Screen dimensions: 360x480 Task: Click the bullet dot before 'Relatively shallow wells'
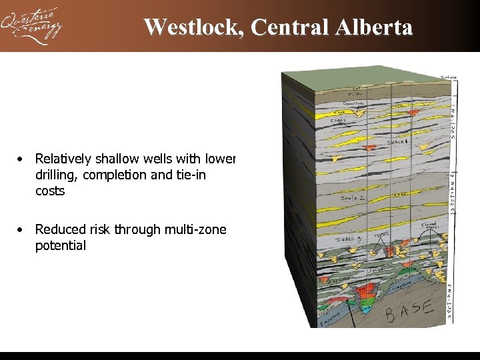(22, 159)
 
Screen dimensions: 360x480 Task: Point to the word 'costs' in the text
(51, 191)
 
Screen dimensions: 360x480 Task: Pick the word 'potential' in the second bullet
(61, 246)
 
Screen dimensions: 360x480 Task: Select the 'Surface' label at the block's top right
(449, 77)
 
